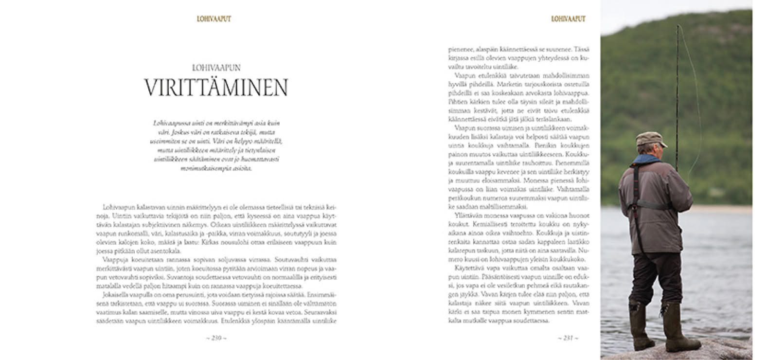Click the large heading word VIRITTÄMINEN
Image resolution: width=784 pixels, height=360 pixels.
click(x=216, y=88)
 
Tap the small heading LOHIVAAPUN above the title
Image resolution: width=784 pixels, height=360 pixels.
click(x=216, y=68)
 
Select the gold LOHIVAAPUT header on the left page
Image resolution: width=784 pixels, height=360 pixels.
click(x=214, y=19)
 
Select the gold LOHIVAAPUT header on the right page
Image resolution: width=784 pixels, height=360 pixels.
click(x=568, y=19)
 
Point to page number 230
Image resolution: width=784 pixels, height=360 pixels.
click(x=216, y=338)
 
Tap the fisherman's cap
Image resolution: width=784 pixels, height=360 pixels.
click(x=650, y=139)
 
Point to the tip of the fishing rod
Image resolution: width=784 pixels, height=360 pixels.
click(x=677, y=27)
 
